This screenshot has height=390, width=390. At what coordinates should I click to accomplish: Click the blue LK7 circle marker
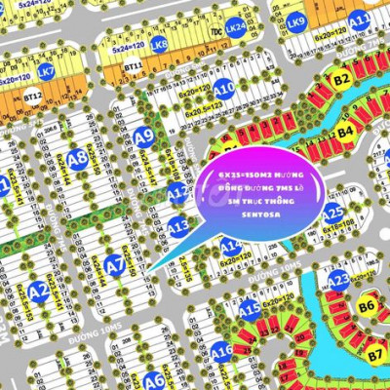pos(46,71)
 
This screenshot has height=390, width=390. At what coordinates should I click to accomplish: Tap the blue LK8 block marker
pos(159,45)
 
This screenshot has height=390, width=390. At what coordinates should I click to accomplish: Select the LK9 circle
pos(296,21)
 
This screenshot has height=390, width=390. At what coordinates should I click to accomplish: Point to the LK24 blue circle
pos(235,29)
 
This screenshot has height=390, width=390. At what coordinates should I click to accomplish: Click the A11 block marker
pos(359,19)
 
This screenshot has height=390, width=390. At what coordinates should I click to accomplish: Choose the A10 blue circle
pos(224,89)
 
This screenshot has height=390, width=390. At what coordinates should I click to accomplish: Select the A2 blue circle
pos(38,290)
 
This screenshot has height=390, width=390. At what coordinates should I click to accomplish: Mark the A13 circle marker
pos(177,228)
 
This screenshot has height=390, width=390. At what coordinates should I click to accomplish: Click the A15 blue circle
pos(251,309)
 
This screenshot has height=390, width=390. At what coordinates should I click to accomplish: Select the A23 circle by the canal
pos(338,281)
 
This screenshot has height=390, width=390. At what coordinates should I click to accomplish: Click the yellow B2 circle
pos(341,79)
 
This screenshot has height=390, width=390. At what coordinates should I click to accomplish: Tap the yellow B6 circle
pos(367,306)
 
